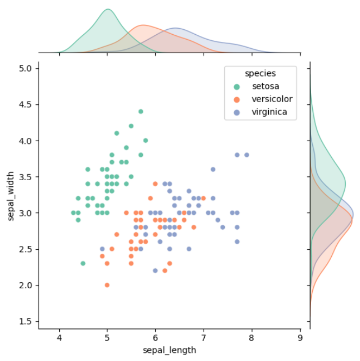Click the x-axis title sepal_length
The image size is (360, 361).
(169, 350)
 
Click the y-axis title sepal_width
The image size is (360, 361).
(11, 194)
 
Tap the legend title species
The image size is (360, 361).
(260, 73)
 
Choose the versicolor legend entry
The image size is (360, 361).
(271, 99)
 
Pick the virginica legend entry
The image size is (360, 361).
(269, 112)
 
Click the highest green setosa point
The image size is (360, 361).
(141, 111)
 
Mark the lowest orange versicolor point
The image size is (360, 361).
(107, 285)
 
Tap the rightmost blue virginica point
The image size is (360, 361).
(247, 155)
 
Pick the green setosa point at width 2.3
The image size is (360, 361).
(83, 263)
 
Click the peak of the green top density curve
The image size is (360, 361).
(108, 9)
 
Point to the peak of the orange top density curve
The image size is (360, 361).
(143, 26)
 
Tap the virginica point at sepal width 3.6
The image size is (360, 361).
(213, 169)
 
